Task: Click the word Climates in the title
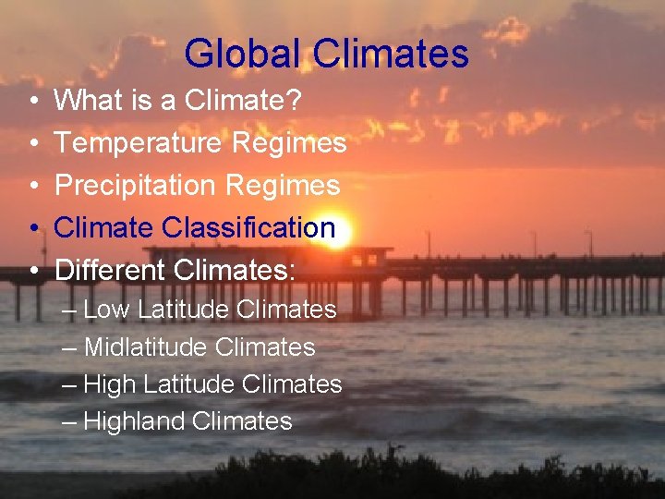391,54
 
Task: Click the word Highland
134,421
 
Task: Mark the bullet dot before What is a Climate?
32,102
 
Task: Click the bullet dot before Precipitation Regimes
32,187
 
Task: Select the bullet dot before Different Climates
32,271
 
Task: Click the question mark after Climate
294,101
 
